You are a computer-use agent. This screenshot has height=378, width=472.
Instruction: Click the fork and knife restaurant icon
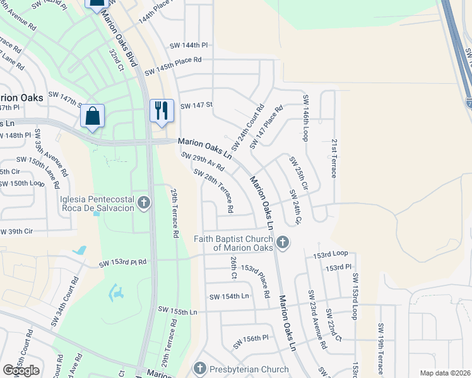click(x=161, y=111)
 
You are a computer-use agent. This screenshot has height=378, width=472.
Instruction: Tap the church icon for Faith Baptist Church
click(x=282, y=242)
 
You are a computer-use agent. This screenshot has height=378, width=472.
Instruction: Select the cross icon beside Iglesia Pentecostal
click(x=144, y=203)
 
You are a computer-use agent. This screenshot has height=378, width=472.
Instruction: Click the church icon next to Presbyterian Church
click(x=200, y=368)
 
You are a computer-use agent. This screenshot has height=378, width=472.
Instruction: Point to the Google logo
click(x=21, y=370)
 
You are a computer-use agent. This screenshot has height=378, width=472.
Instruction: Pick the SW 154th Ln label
click(x=229, y=296)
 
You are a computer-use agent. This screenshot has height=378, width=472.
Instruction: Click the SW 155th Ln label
click(x=178, y=311)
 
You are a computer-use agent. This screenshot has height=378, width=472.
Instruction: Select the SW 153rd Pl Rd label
click(x=122, y=262)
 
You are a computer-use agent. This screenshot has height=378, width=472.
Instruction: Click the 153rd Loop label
click(x=331, y=253)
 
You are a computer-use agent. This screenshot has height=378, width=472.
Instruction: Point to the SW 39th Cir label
click(x=16, y=231)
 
